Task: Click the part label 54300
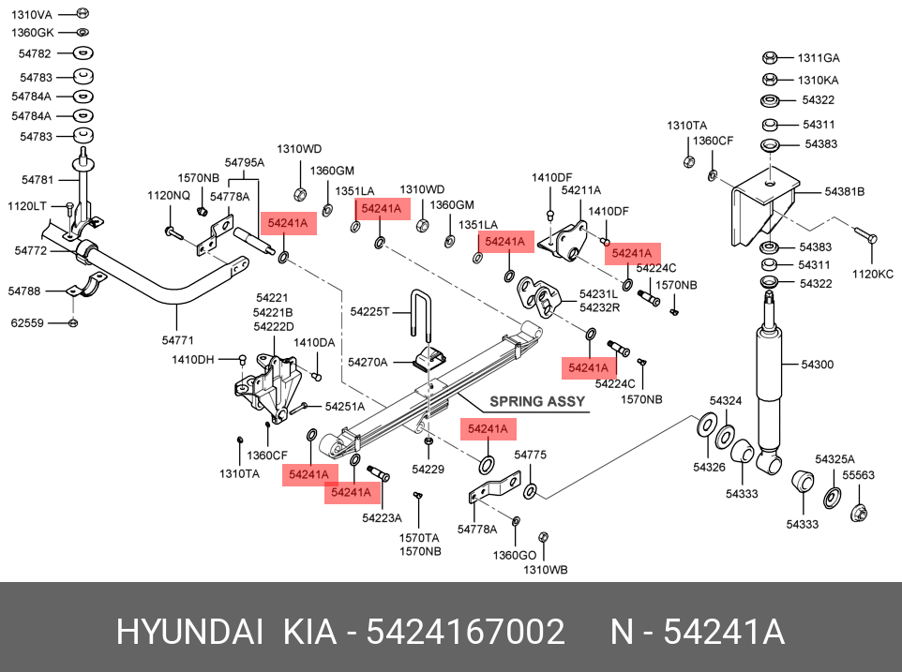(x=817, y=364)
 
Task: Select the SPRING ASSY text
(x=536, y=401)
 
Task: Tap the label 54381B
(x=844, y=192)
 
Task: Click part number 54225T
(x=368, y=310)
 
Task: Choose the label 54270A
(x=367, y=362)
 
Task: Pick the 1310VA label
(x=33, y=14)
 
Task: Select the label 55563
(x=857, y=475)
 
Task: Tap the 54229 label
(x=428, y=469)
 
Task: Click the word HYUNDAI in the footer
(x=188, y=633)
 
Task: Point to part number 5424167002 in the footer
(x=465, y=633)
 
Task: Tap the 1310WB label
(x=545, y=569)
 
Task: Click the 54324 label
(x=726, y=400)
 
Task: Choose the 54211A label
(x=580, y=190)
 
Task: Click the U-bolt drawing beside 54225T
(x=420, y=316)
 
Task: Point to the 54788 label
(x=24, y=291)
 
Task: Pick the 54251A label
(x=345, y=406)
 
